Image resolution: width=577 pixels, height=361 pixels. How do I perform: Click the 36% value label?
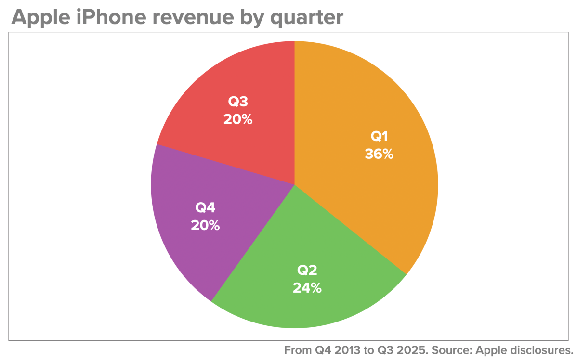pyautogui.click(x=379, y=155)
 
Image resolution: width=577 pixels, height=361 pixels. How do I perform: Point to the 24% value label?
pyautogui.click(x=307, y=288)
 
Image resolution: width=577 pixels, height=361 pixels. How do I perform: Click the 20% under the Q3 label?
pyautogui.click(x=237, y=119)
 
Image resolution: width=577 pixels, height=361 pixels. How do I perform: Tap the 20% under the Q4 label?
pyautogui.click(x=205, y=225)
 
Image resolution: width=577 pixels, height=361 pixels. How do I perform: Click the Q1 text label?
pyautogui.click(x=379, y=137)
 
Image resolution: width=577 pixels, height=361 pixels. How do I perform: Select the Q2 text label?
pyautogui.click(x=307, y=271)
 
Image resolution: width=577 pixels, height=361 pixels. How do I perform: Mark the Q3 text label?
pyautogui.click(x=238, y=102)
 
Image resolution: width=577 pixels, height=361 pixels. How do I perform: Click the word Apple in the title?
pyautogui.click(x=41, y=17)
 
